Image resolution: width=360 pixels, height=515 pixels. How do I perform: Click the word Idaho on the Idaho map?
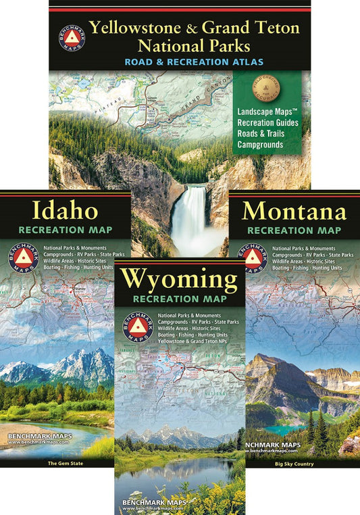click(x=65, y=211)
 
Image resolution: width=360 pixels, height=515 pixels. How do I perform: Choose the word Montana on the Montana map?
click(x=294, y=212)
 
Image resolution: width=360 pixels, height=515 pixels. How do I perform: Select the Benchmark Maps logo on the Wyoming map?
click(x=136, y=326)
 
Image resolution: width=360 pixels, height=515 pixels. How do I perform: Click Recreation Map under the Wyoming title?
click(x=179, y=299)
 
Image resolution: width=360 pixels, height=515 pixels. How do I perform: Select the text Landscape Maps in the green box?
click(x=266, y=112)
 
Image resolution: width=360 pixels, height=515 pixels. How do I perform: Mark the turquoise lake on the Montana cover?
click(x=283, y=430)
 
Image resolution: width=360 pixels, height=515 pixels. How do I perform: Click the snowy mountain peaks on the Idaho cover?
click(x=81, y=362)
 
